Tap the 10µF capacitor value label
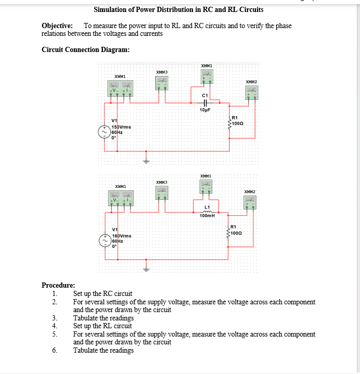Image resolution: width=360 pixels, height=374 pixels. (x=204, y=110)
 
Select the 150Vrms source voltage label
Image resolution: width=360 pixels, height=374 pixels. (x=122, y=127)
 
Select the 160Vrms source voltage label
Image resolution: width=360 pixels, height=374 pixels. (x=122, y=236)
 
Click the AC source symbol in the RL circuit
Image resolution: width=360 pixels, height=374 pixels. (x=106, y=241)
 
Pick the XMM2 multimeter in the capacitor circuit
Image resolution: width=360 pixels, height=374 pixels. (x=252, y=93)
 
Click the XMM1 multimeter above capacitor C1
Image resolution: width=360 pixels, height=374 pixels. (x=207, y=77)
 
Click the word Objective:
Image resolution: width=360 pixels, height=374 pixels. (x=57, y=26)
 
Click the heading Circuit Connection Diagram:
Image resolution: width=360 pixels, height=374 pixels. (x=85, y=50)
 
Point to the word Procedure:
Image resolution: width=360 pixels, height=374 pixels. (x=58, y=285)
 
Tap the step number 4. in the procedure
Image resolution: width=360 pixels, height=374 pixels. (x=55, y=326)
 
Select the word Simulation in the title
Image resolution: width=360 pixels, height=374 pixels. (x=110, y=9)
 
